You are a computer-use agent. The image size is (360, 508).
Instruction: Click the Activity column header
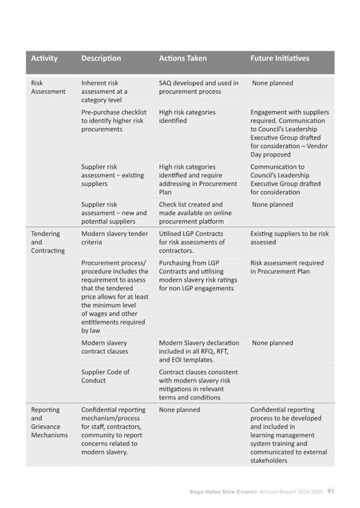click(44, 58)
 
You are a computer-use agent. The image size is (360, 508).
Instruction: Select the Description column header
click(101, 58)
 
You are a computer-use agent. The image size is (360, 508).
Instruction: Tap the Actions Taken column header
click(182, 58)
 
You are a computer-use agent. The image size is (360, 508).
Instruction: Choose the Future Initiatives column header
click(279, 58)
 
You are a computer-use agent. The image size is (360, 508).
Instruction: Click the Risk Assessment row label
click(48, 87)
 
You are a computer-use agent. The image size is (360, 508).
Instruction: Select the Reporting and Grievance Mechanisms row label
click(49, 422)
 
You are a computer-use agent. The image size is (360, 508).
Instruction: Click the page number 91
click(331, 491)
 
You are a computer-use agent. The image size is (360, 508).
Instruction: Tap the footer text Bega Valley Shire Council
click(223, 491)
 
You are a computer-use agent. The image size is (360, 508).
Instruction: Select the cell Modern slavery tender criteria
click(115, 238)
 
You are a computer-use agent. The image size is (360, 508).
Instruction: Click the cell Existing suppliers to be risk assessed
click(289, 238)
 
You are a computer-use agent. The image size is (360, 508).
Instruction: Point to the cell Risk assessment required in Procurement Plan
click(279, 267)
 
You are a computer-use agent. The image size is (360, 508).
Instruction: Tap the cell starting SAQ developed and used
click(198, 87)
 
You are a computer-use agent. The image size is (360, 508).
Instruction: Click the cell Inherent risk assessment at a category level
click(107, 91)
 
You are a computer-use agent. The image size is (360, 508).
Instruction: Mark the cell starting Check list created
click(194, 213)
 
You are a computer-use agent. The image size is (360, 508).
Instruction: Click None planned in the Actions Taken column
click(179, 410)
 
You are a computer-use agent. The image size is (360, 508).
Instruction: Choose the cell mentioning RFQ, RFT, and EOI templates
click(199, 351)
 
